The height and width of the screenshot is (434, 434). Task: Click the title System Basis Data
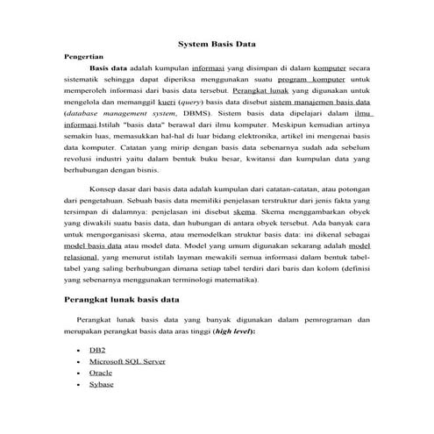coord(217,42)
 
